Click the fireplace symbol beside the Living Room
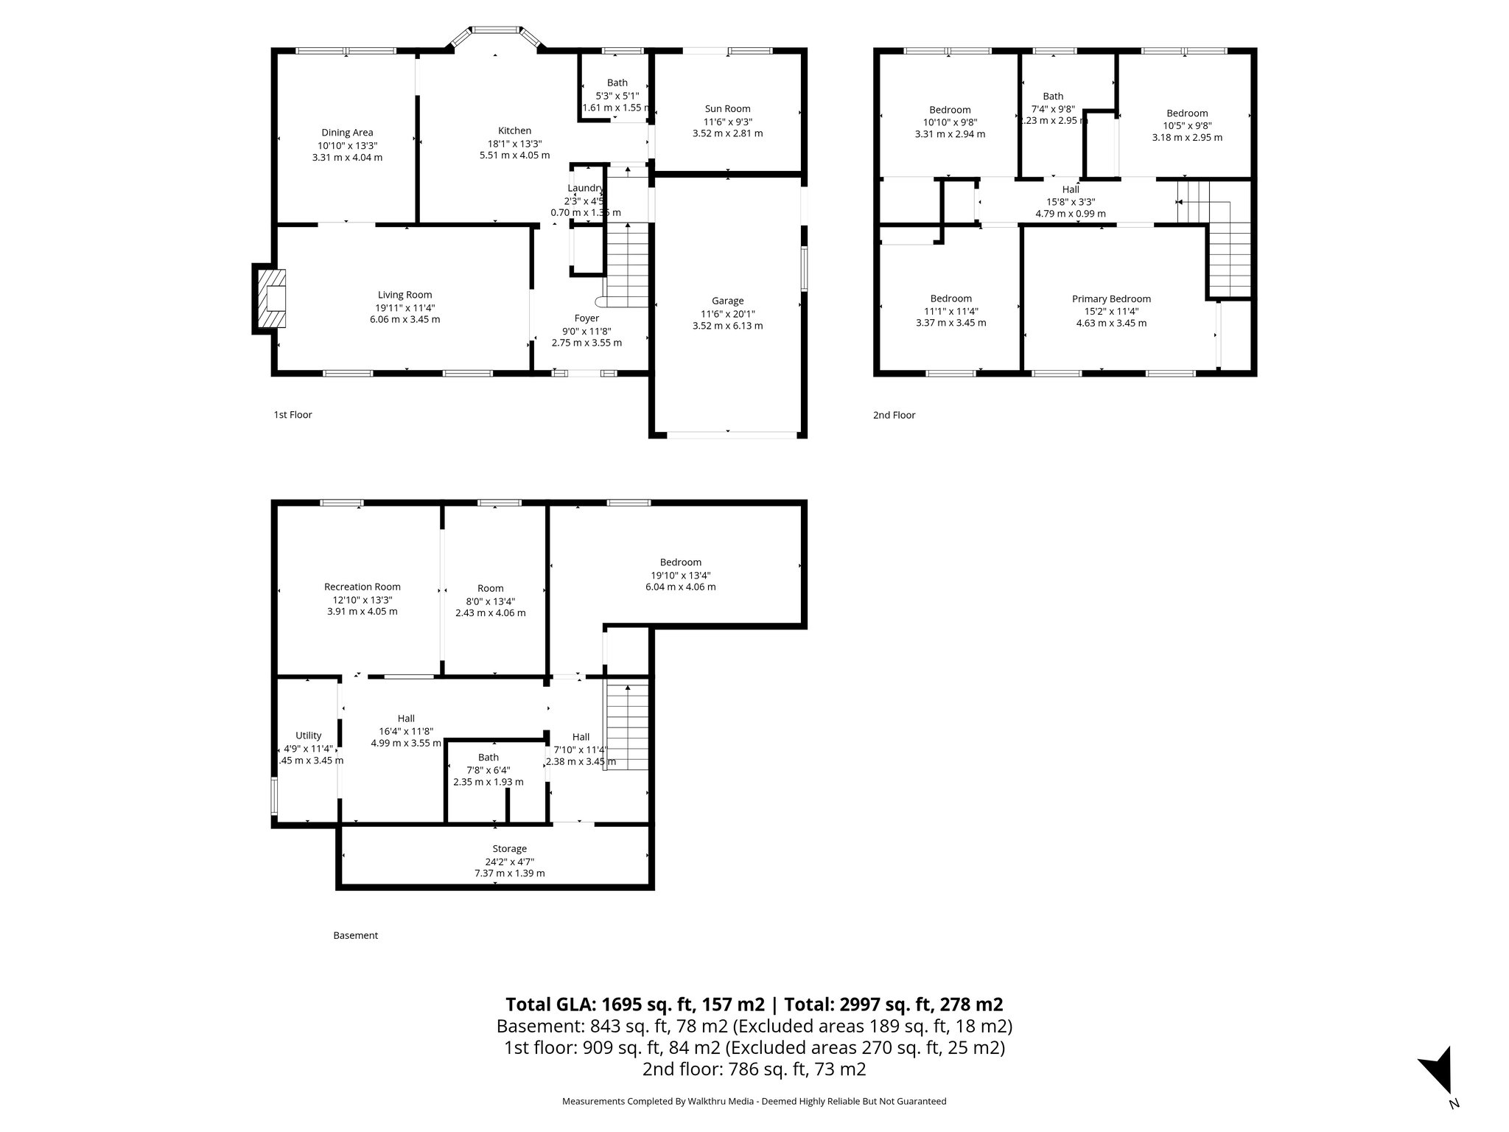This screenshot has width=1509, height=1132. click(270, 298)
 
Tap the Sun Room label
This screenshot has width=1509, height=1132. click(727, 109)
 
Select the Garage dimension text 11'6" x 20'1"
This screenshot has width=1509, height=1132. click(727, 313)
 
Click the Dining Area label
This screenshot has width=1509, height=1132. click(347, 133)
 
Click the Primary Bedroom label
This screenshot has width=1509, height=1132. click(1111, 298)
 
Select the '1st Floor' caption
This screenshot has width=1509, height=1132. click(293, 415)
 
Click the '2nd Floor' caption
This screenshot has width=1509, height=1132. click(894, 415)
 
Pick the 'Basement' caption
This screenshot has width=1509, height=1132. click(355, 935)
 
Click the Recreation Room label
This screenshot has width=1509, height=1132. click(363, 587)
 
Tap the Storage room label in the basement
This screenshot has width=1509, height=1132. click(509, 849)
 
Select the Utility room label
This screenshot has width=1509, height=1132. click(308, 736)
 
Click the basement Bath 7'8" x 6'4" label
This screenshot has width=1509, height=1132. click(489, 758)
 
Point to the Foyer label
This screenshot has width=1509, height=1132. click(587, 318)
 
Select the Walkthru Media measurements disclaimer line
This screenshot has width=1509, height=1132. click(754, 1101)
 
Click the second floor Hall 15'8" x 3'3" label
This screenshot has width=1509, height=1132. click(1071, 189)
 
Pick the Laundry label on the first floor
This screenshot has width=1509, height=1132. click(586, 188)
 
